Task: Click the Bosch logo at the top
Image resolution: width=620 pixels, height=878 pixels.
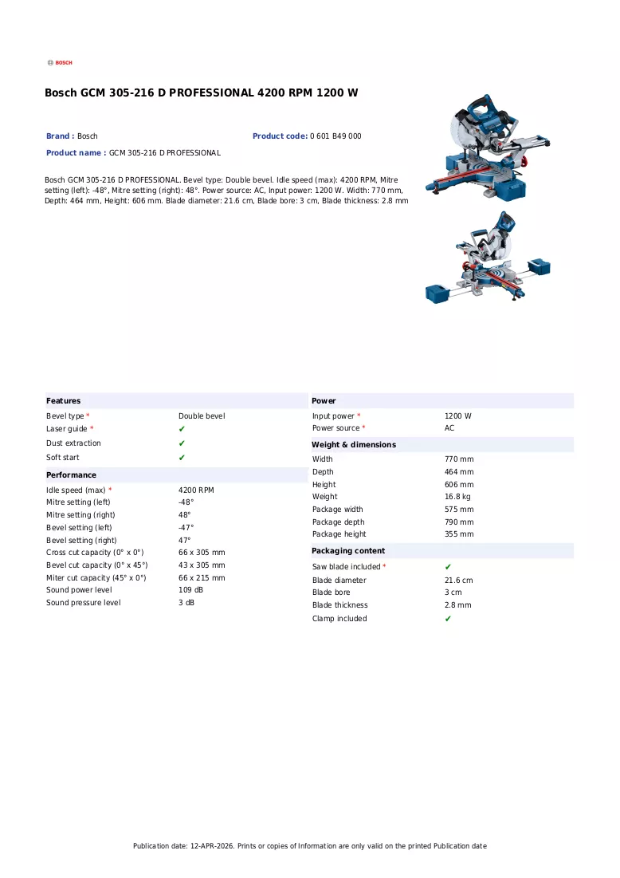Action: pos(60,63)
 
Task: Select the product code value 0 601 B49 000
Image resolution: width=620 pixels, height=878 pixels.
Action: pos(336,136)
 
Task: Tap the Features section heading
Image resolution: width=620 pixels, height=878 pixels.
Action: pos(63,401)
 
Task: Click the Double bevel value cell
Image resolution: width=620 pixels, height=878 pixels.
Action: pos(202,416)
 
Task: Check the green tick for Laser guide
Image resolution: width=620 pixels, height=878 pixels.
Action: pos(182,429)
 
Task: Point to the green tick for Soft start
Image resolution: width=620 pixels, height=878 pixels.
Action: pos(182,458)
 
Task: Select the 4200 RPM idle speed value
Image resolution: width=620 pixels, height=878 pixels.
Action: pos(196,490)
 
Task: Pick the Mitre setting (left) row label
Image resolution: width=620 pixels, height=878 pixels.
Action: pos(78,502)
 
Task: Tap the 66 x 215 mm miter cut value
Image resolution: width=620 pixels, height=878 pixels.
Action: pos(202,578)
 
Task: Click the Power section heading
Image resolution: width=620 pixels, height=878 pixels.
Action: pos(324,401)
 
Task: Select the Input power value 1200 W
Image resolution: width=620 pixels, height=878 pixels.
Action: pos(458,416)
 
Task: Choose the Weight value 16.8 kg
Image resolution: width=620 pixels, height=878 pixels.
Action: pos(457,497)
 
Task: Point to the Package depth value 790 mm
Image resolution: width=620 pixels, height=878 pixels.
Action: pos(459,522)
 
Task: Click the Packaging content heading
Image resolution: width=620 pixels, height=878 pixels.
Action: pos(348,551)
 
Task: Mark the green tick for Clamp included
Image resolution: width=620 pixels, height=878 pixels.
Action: pos(448,619)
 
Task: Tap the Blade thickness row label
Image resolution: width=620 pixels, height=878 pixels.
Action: pos(340,604)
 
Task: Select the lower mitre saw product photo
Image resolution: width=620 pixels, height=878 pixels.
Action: pos(488,257)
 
